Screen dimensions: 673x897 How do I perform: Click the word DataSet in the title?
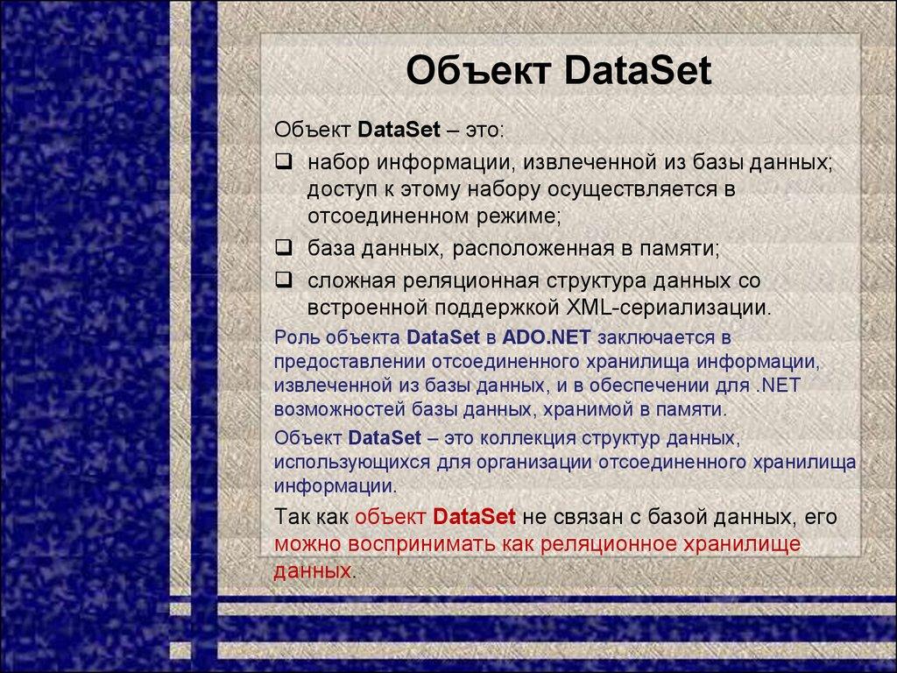click(639, 71)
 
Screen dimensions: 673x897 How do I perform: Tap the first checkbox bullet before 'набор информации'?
click(283, 161)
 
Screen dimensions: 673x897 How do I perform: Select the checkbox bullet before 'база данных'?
click(283, 248)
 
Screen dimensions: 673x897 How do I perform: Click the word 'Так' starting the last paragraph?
click(292, 516)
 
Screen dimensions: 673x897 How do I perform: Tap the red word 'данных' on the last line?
click(311, 570)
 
